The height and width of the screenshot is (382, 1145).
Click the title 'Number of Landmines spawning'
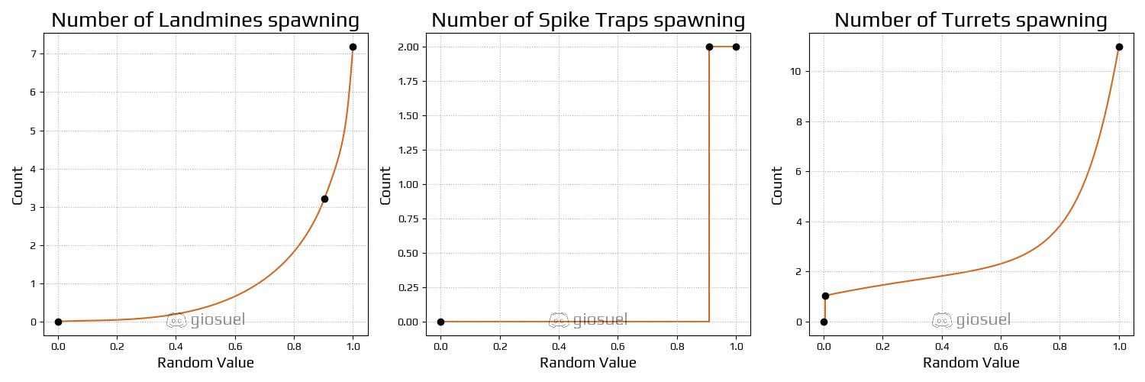[x=205, y=21]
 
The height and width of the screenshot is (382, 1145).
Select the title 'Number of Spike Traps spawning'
[x=588, y=21]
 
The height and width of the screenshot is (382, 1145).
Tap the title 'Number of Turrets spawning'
[x=970, y=21]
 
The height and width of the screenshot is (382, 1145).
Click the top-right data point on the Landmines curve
[x=353, y=47]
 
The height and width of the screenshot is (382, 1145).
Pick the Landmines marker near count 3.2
[x=324, y=199]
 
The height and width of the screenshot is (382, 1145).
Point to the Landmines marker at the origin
[x=58, y=322]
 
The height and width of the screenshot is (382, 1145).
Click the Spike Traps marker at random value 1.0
[x=736, y=47]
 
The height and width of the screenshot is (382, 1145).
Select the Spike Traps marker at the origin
[x=440, y=322]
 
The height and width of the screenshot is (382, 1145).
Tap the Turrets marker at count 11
[x=1119, y=47]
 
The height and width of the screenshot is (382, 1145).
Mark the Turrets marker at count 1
[x=825, y=296]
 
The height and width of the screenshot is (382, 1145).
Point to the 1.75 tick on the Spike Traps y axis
[x=407, y=81]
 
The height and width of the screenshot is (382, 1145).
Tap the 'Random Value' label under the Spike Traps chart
[x=588, y=363]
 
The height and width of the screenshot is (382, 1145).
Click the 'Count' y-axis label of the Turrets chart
[x=777, y=185]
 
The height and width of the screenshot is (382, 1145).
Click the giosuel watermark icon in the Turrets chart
[x=942, y=320]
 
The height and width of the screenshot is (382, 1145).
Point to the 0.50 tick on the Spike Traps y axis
[x=407, y=253]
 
